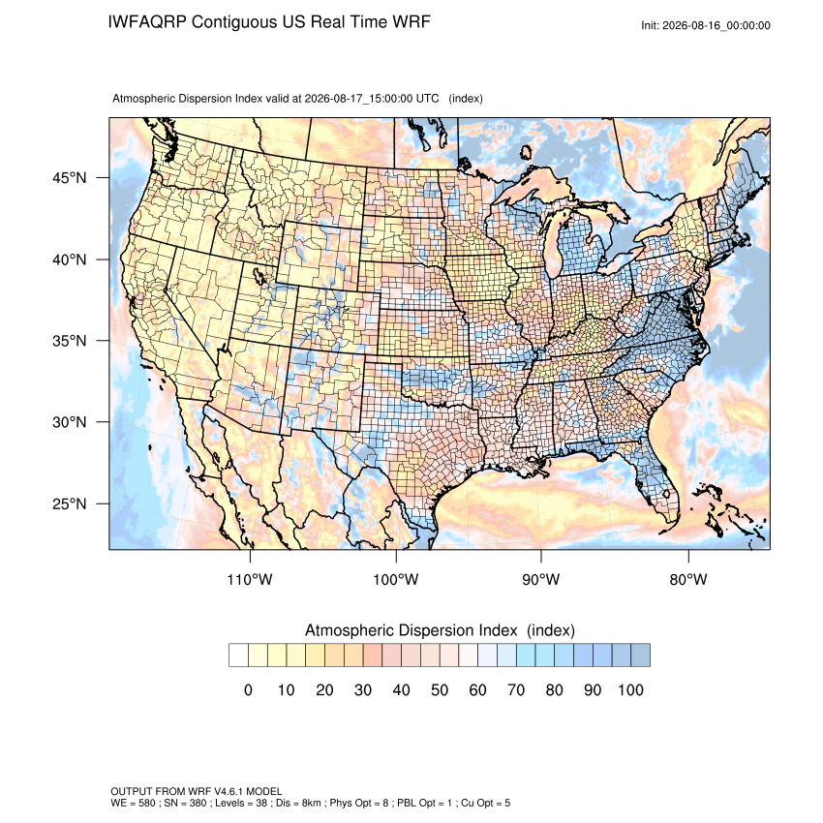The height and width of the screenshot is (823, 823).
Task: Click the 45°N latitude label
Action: [x=70, y=178]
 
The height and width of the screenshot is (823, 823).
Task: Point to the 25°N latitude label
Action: [x=70, y=503]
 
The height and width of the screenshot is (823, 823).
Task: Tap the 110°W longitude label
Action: [x=250, y=579]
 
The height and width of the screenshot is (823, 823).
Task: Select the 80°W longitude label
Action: [x=688, y=579]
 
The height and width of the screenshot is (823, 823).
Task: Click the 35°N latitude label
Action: [x=70, y=341]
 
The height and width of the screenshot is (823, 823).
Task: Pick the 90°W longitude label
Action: [x=540, y=579]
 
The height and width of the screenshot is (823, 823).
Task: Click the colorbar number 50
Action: [x=440, y=689]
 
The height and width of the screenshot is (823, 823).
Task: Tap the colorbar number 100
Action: [x=630, y=689]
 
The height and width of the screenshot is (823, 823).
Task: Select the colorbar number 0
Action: [x=248, y=689]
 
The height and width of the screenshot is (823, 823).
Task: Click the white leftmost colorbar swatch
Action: [x=238, y=655]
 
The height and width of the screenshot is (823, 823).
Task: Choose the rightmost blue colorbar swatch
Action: [x=640, y=655]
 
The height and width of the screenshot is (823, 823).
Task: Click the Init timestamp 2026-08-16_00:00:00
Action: [x=716, y=25]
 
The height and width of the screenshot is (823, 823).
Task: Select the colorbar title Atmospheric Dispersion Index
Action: [x=411, y=630]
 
